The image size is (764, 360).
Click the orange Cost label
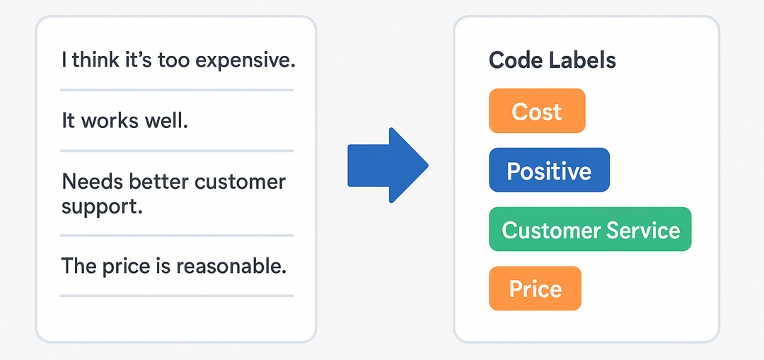point(537,111)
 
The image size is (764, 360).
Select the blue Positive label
point(549,170)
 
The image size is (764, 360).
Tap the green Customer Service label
point(590,229)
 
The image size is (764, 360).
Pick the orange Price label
point(535,289)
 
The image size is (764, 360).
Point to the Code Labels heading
point(552,60)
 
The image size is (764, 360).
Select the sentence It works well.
point(125,121)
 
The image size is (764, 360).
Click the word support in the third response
point(102,208)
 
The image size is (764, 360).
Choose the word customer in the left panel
point(241,182)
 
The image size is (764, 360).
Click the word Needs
point(93,182)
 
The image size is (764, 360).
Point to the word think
point(95,60)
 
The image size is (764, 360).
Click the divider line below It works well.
point(177,151)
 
